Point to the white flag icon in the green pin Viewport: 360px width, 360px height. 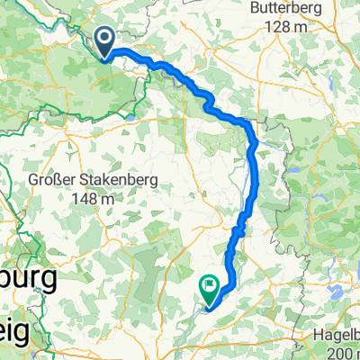tap(211, 286)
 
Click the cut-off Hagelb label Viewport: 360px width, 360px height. tap(332, 334)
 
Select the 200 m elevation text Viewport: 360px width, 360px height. tap(343, 351)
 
